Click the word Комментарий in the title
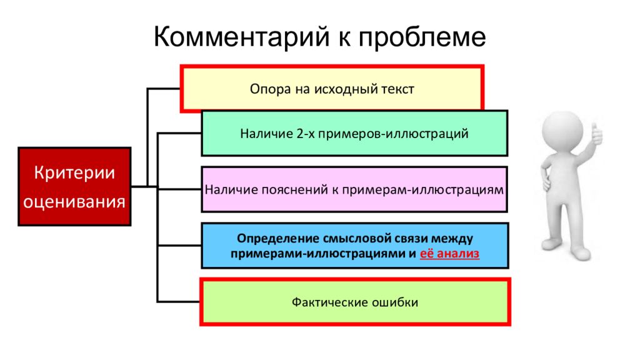point(241,37)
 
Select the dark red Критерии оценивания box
point(74,186)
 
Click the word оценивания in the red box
point(74,202)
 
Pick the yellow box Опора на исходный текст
point(332,89)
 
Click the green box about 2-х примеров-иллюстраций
point(354,133)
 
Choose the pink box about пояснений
point(354,189)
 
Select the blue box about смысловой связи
point(355,245)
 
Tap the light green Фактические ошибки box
point(355,302)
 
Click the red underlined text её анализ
point(449,254)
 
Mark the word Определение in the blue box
point(278,238)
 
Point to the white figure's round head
point(562,129)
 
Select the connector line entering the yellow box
point(164,89)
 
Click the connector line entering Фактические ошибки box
point(179,302)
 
